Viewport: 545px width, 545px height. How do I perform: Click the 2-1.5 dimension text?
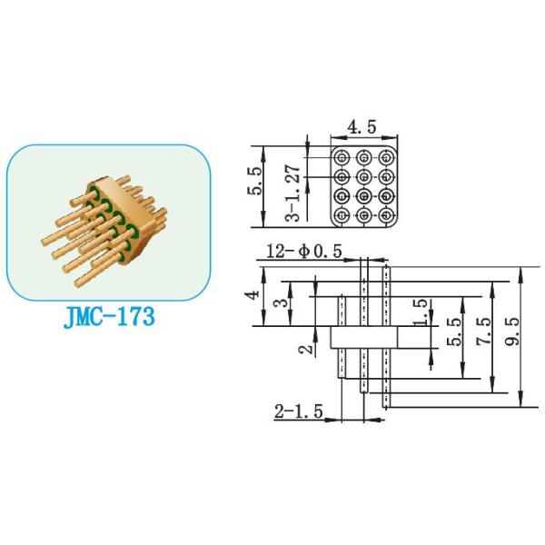pos(297,412)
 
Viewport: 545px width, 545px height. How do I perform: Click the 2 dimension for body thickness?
pos(308,345)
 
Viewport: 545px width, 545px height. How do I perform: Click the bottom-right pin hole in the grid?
pos(388,215)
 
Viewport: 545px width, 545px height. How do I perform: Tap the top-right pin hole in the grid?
pos(388,156)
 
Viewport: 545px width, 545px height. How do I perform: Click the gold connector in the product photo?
pos(104,221)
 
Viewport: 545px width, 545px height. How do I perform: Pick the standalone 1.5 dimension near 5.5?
pos(419,312)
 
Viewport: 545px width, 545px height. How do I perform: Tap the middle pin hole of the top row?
pos(366,156)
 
